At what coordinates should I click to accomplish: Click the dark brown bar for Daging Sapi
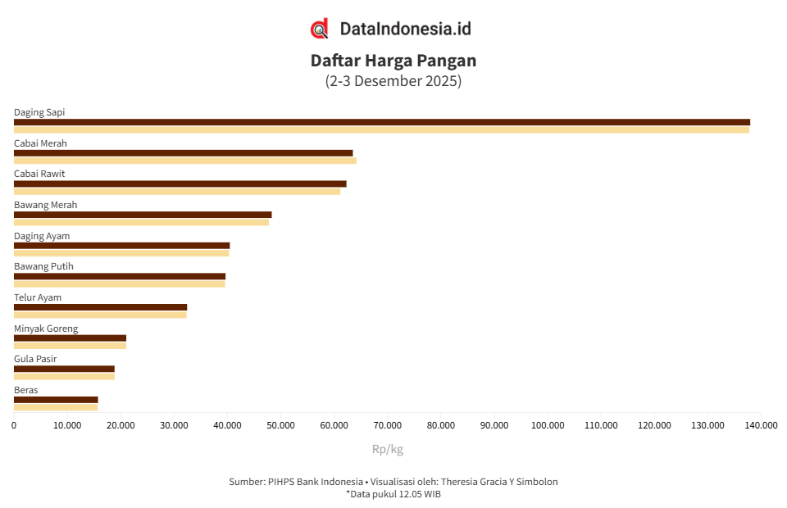coord(382,122)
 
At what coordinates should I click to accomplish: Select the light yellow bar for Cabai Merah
coord(185,161)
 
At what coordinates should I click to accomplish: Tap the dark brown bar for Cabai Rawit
coord(180,184)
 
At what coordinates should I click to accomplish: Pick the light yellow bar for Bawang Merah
coord(141,222)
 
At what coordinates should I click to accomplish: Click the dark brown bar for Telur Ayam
coord(100,307)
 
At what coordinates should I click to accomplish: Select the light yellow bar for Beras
coord(56,407)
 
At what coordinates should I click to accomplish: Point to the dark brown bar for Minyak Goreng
coord(70,338)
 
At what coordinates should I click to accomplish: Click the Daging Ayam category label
coord(42,236)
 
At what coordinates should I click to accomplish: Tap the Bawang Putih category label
coord(43,266)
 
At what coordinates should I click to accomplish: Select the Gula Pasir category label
coord(35,359)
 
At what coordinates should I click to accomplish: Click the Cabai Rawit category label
coord(39,174)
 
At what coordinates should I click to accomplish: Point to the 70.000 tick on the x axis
coord(388,425)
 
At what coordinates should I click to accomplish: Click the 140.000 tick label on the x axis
coord(762,425)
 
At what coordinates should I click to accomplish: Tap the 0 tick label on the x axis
coord(14,425)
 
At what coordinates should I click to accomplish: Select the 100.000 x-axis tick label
coord(548,425)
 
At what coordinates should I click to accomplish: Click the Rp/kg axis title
coord(388,449)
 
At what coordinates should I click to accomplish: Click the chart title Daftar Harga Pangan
coord(393,61)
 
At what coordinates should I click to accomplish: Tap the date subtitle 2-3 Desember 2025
coord(393,81)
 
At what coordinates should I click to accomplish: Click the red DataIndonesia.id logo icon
coord(320,29)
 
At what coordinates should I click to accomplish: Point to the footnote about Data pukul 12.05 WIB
coord(393,494)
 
